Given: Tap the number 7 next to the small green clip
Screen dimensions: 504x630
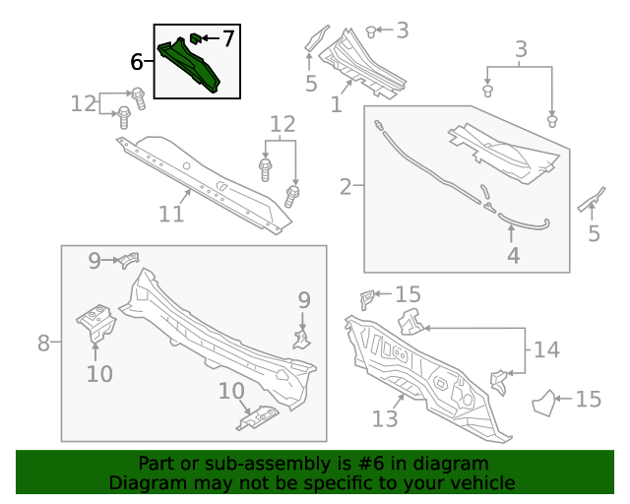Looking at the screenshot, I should (x=227, y=38).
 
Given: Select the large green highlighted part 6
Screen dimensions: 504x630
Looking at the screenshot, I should (x=197, y=67).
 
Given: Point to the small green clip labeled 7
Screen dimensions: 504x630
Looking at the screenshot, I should (x=195, y=38).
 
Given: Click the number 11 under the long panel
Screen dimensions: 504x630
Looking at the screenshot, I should (x=171, y=213).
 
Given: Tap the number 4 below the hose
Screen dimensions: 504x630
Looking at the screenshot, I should (x=512, y=256).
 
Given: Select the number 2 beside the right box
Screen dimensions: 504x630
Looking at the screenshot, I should (x=346, y=186).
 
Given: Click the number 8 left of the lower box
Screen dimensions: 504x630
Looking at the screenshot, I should (x=43, y=343).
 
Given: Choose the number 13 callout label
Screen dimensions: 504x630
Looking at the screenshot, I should (x=384, y=419).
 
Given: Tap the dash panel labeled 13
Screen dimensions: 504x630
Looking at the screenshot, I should (x=423, y=369).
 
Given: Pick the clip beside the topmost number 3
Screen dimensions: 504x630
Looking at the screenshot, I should (x=371, y=31).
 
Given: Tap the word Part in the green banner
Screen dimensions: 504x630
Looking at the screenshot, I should (x=157, y=464).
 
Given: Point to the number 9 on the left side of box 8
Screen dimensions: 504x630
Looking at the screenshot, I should (x=95, y=261).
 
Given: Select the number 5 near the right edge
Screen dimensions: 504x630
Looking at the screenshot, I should (x=594, y=234).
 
